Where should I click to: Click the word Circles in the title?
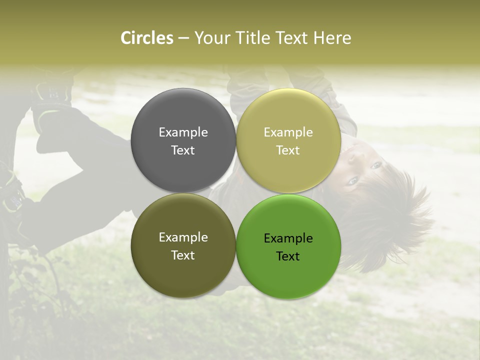[146, 38]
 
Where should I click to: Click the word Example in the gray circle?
[183, 132]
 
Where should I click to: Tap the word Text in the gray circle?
[183, 150]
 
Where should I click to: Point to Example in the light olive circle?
[288, 132]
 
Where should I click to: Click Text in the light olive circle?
[288, 150]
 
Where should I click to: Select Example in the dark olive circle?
[183, 237]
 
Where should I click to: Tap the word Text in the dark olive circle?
[183, 255]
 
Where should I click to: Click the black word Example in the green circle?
[288, 238]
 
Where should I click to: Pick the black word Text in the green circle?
[288, 256]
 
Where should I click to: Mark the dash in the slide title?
[183, 38]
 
